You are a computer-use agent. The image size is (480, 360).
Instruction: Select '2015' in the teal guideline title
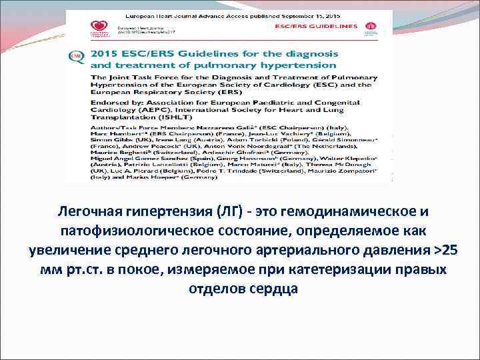point(105,53)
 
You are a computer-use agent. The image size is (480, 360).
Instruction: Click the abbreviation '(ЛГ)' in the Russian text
point(226,211)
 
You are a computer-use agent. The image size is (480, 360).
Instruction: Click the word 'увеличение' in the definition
point(72,250)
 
